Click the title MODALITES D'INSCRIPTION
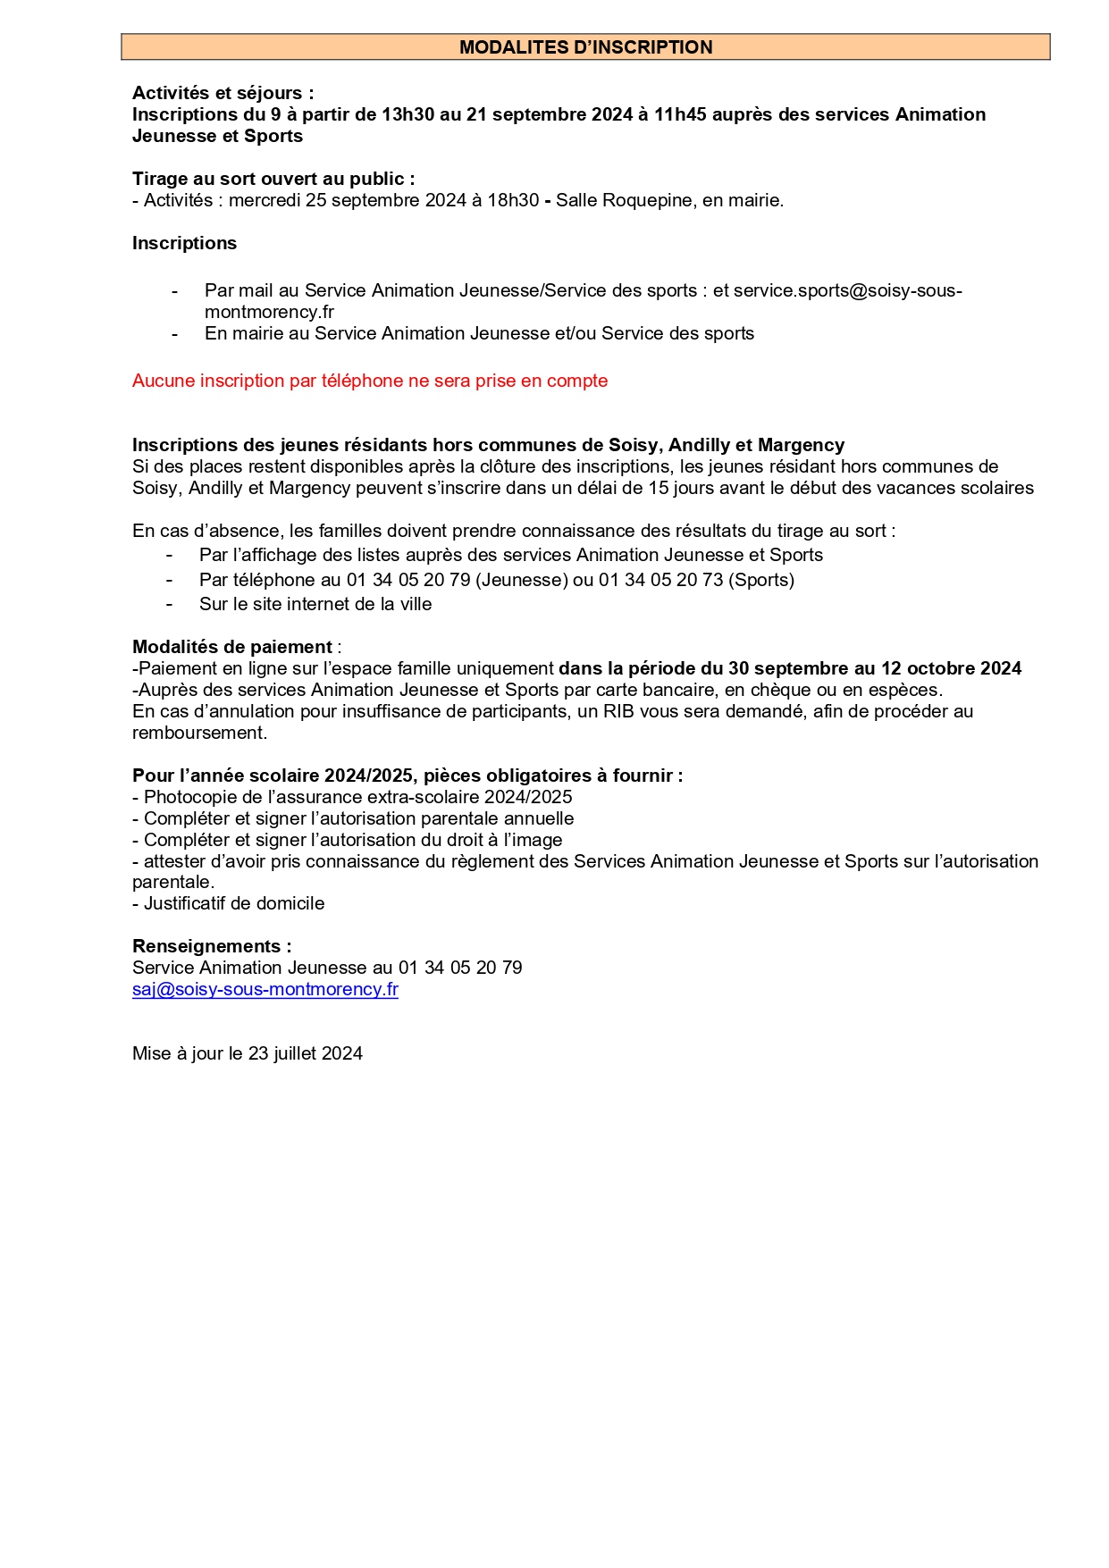click(x=585, y=47)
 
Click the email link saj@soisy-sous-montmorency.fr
click(x=265, y=989)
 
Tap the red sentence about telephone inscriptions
click(x=369, y=381)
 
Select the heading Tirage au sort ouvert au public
click(x=273, y=179)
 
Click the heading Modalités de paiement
click(x=232, y=647)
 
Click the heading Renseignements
click(x=211, y=946)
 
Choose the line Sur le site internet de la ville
click(x=315, y=604)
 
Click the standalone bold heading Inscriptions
click(x=184, y=243)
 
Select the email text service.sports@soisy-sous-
click(x=847, y=290)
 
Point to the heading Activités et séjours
click(x=223, y=93)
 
